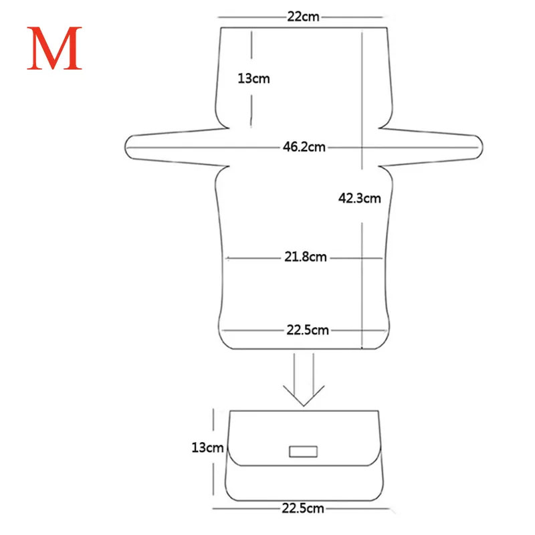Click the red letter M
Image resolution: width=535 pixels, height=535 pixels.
coord(54,48)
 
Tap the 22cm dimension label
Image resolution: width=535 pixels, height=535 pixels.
coord(303,17)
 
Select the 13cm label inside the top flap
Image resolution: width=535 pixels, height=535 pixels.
coord(253,78)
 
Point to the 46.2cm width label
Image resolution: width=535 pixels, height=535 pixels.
coord(304,147)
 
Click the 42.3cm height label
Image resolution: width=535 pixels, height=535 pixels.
coord(360,198)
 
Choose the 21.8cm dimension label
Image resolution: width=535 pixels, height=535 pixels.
coord(306,257)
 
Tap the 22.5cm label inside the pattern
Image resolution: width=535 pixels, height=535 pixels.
coord(308,330)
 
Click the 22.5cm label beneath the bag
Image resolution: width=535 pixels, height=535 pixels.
coord(303,508)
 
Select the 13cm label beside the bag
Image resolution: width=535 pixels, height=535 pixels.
coord(207,447)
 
